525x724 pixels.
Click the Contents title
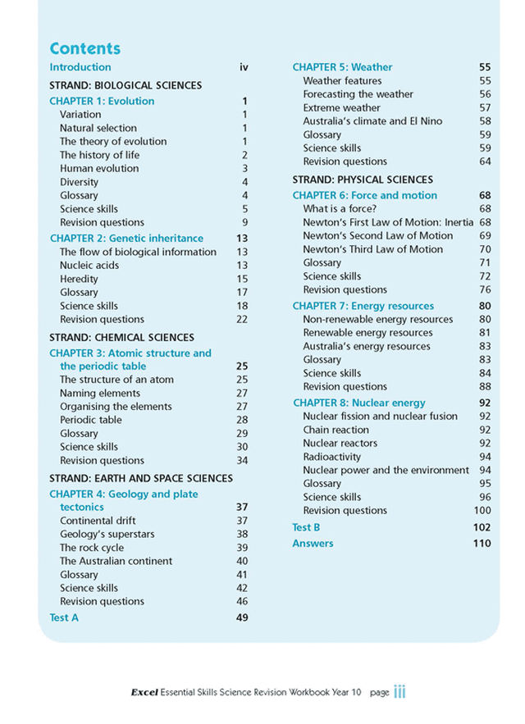pyautogui.click(x=84, y=48)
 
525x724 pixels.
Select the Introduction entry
pyautogui.click(x=80, y=67)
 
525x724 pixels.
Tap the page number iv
pyautogui.click(x=244, y=67)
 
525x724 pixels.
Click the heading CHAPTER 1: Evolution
pyautogui.click(x=102, y=102)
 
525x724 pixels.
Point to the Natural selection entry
pyautogui.click(x=98, y=128)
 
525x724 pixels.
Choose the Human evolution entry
pyautogui.click(x=99, y=168)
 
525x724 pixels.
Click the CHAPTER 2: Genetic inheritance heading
pyautogui.click(x=126, y=239)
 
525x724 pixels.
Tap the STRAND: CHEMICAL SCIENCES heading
pyautogui.click(x=121, y=337)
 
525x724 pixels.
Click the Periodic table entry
pyautogui.click(x=90, y=420)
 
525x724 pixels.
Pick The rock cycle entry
pyautogui.click(x=92, y=548)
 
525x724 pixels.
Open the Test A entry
pyautogui.click(x=64, y=617)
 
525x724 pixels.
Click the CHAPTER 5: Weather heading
pyautogui.click(x=342, y=67)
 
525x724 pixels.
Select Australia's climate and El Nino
pyautogui.click(x=372, y=121)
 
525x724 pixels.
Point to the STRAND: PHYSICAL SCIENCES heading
pyautogui.click(x=363, y=180)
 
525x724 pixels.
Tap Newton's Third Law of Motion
pyautogui.click(x=372, y=249)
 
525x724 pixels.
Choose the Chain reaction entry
pyautogui.click(x=336, y=430)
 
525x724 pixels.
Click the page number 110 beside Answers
pyautogui.click(x=482, y=544)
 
